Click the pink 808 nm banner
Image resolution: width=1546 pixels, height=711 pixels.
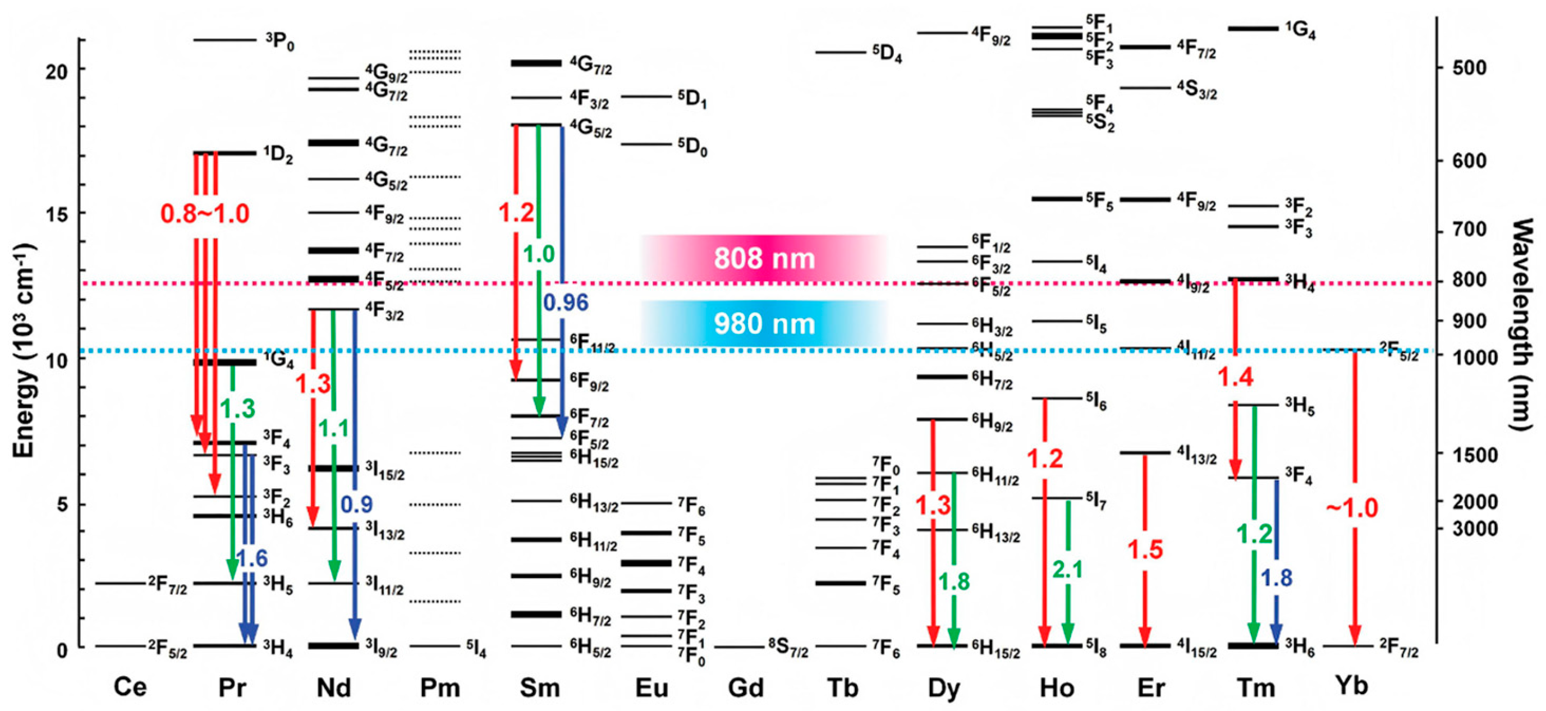(763, 259)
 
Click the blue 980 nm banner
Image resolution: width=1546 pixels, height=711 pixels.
(763, 324)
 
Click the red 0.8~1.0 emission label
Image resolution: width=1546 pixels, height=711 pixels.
(205, 214)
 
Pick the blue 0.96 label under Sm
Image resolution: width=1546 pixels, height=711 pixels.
(565, 302)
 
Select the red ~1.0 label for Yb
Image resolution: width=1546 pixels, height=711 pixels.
(1351, 508)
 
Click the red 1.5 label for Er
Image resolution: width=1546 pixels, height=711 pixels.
(1145, 549)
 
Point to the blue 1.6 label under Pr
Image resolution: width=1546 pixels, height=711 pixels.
(251, 558)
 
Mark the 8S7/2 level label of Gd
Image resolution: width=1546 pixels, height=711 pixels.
(788, 649)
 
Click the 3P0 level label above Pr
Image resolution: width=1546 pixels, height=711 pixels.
(279, 42)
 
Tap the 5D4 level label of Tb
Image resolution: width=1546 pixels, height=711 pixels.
(887, 54)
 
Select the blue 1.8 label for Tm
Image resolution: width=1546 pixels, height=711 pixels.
(1276, 578)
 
